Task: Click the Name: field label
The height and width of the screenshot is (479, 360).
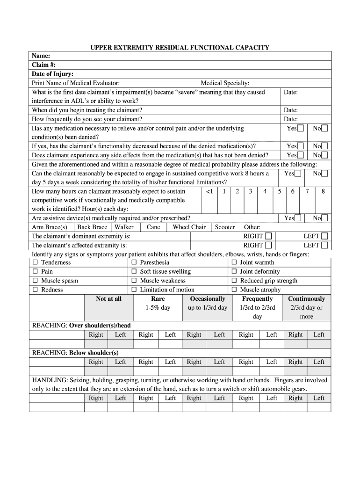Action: pyautogui.click(x=41, y=56)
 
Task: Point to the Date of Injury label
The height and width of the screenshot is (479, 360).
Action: pyautogui.click(x=52, y=74)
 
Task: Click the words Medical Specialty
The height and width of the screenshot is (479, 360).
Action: pyautogui.click(x=225, y=83)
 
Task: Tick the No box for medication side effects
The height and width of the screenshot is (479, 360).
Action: pyautogui.click(x=324, y=155)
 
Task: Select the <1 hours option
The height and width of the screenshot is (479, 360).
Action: pyautogui.click(x=209, y=191)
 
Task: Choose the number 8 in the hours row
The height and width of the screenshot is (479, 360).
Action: pyautogui.click(x=323, y=191)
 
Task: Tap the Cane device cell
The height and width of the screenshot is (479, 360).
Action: pyautogui.click(x=153, y=227)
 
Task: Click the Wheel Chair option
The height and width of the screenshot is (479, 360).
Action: pyautogui.click(x=189, y=227)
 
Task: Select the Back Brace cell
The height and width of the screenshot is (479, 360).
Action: pyautogui.click(x=92, y=227)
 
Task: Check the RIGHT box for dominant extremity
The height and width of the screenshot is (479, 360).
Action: pyautogui.click(x=268, y=236)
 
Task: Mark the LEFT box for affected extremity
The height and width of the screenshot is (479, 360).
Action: pyautogui.click(x=324, y=245)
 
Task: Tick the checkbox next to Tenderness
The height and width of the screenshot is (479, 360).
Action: pyautogui.click(x=35, y=263)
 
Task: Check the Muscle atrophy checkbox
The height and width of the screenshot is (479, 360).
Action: pyautogui.click(x=235, y=290)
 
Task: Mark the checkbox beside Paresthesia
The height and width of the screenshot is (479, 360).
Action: pyautogui.click(x=134, y=263)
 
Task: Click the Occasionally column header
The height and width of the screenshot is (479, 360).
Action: pyautogui.click(x=208, y=299)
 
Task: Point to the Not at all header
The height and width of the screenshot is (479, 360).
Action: pyautogui.click(x=108, y=299)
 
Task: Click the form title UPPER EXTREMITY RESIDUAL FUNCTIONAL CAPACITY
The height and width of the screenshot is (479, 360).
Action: pyautogui.click(x=180, y=47)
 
